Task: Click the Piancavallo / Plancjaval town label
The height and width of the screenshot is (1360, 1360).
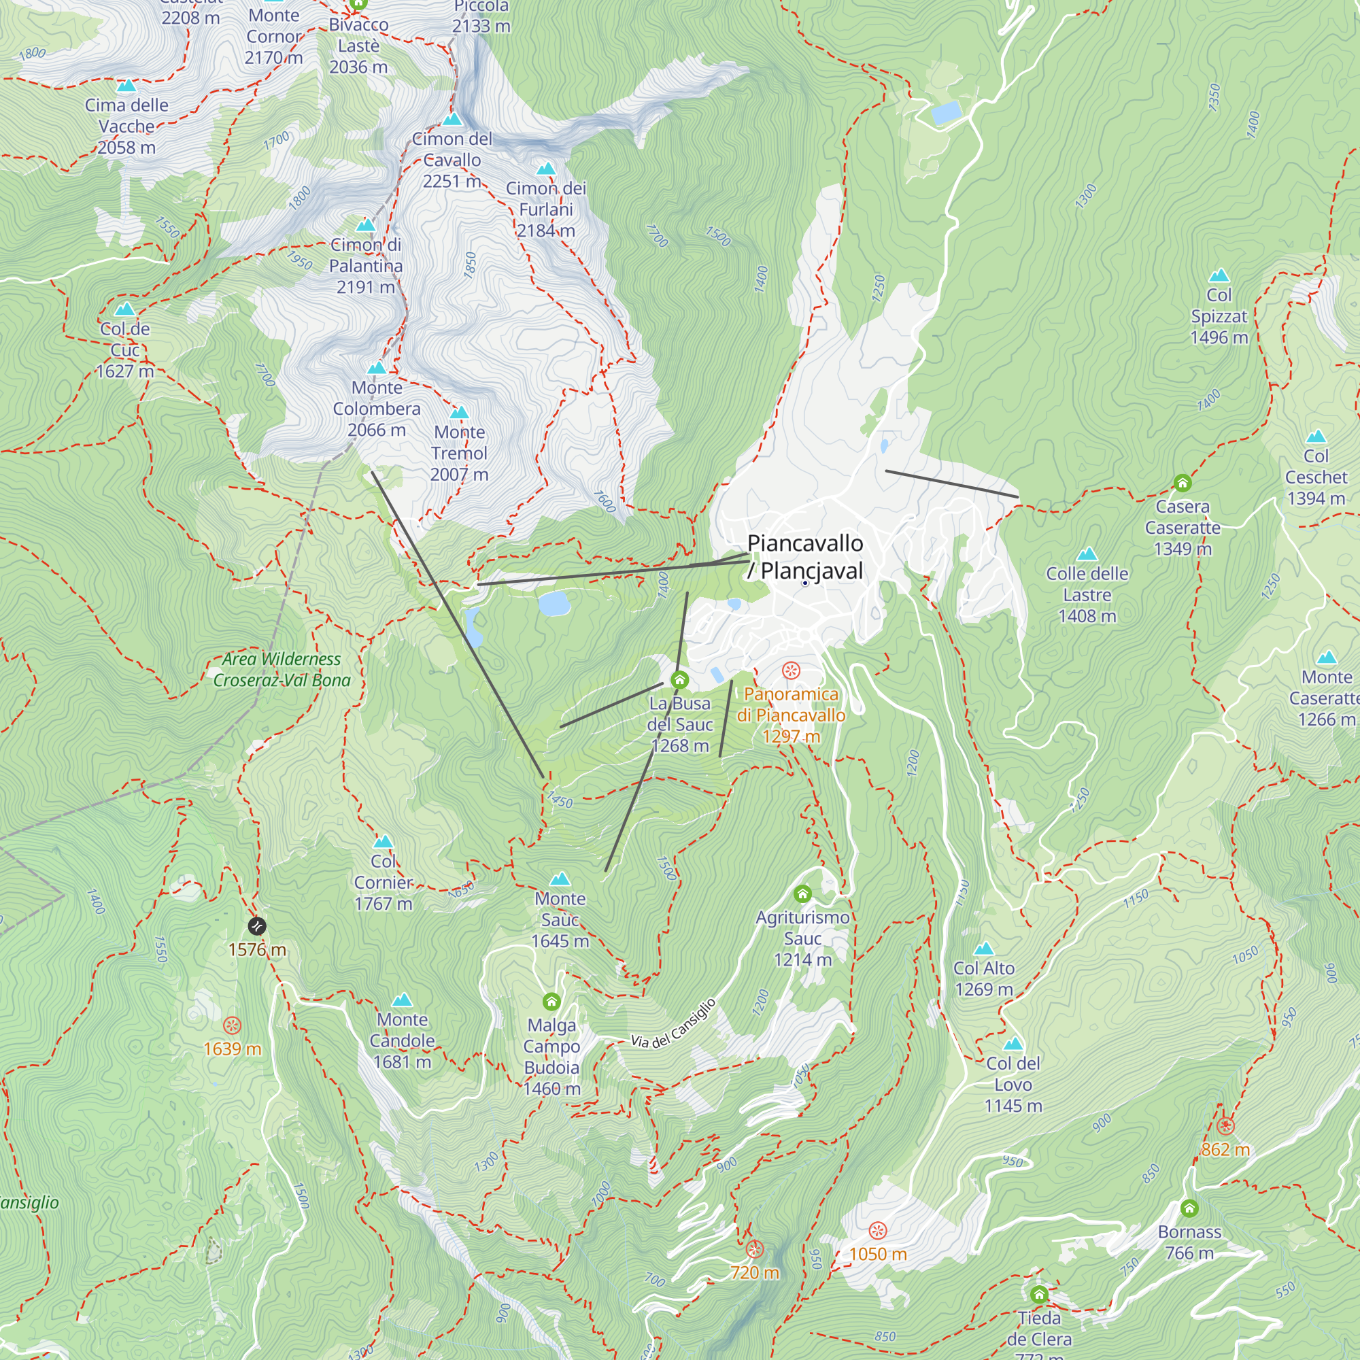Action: point(804,557)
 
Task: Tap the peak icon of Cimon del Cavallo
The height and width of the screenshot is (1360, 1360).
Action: point(453,119)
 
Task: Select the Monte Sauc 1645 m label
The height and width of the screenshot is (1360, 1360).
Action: point(560,919)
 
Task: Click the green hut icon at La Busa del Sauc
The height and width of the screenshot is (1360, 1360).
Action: point(679,679)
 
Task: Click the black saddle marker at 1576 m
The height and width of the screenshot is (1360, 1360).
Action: point(258,925)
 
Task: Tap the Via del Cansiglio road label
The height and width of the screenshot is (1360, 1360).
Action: point(673,1024)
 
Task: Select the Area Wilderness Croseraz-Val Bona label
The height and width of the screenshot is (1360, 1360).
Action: point(282,669)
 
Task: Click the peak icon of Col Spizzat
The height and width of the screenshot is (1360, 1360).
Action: point(1219,275)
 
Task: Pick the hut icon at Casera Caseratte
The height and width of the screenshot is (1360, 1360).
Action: point(1183,483)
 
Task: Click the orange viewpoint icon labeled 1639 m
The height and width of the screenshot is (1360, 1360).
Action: point(232,1025)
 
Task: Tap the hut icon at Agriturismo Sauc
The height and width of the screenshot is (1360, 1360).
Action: point(802,894)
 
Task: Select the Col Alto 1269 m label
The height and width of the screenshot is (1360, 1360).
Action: point(984,979)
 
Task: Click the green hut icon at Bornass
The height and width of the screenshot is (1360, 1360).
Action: point(1189,1208)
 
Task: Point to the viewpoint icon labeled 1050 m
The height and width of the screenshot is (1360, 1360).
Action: point(877,1231)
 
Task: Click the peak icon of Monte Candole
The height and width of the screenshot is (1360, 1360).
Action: point(401,1000)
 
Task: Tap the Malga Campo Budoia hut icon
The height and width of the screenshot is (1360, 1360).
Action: point(552,1001)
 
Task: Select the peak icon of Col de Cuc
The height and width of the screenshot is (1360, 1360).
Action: point(124,309)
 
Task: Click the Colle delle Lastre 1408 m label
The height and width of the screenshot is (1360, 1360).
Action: point(1087,594)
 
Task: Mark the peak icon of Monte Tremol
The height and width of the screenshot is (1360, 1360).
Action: point(459,413)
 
